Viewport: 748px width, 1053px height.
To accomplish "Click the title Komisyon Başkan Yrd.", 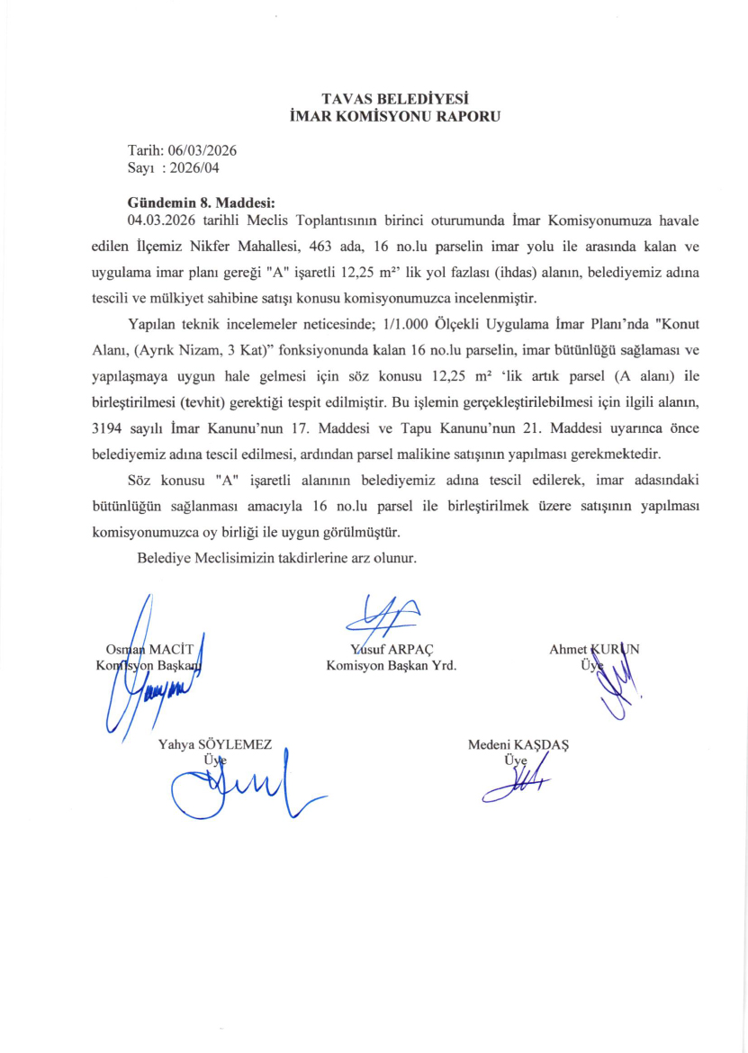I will coord(391,666).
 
